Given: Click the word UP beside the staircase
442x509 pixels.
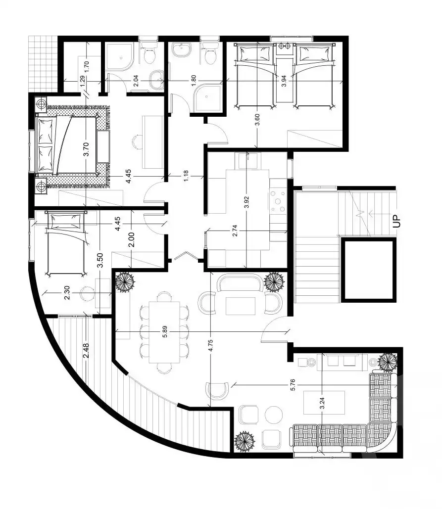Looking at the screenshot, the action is (396, 221).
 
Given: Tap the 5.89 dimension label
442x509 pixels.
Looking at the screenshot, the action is (165, 331).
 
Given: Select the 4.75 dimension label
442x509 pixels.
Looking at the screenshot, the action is (210, 346).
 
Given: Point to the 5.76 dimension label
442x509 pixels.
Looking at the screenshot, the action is (293, 385).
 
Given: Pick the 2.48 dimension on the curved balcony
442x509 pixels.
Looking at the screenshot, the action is (86, 351).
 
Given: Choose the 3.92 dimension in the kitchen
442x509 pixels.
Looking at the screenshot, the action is (246, 202).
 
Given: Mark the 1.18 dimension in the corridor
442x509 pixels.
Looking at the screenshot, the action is (186, 176).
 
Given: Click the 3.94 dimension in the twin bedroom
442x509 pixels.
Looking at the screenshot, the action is (284, 81).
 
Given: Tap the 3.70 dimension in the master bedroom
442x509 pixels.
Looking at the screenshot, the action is (86, 150).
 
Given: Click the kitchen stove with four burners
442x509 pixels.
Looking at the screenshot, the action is (278, 201).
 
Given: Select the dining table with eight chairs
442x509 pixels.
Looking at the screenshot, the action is (164, 332).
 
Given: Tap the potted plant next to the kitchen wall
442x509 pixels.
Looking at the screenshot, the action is (274, 281).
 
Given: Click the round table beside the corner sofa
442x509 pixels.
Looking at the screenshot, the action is (274, 415).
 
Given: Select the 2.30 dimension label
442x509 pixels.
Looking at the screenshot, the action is (67, 293).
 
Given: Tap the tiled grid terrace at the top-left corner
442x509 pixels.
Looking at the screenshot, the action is (43, 64).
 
